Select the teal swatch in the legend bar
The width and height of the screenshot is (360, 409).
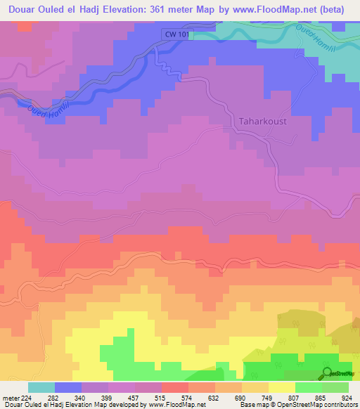click(x=41, y=387)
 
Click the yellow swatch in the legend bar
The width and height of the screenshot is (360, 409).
click(x=281, y=387)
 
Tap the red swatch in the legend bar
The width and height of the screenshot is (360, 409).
click(x=175, y=387)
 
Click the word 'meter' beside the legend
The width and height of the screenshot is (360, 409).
click(x=8, y=397)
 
